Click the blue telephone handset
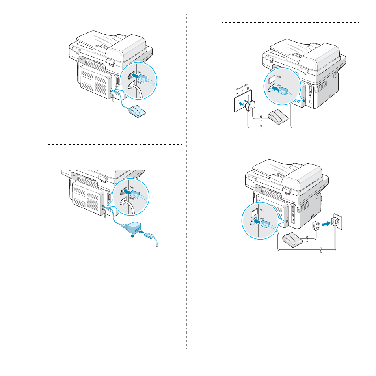[x=137, y=112]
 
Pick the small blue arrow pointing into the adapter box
[x=141, y=232]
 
